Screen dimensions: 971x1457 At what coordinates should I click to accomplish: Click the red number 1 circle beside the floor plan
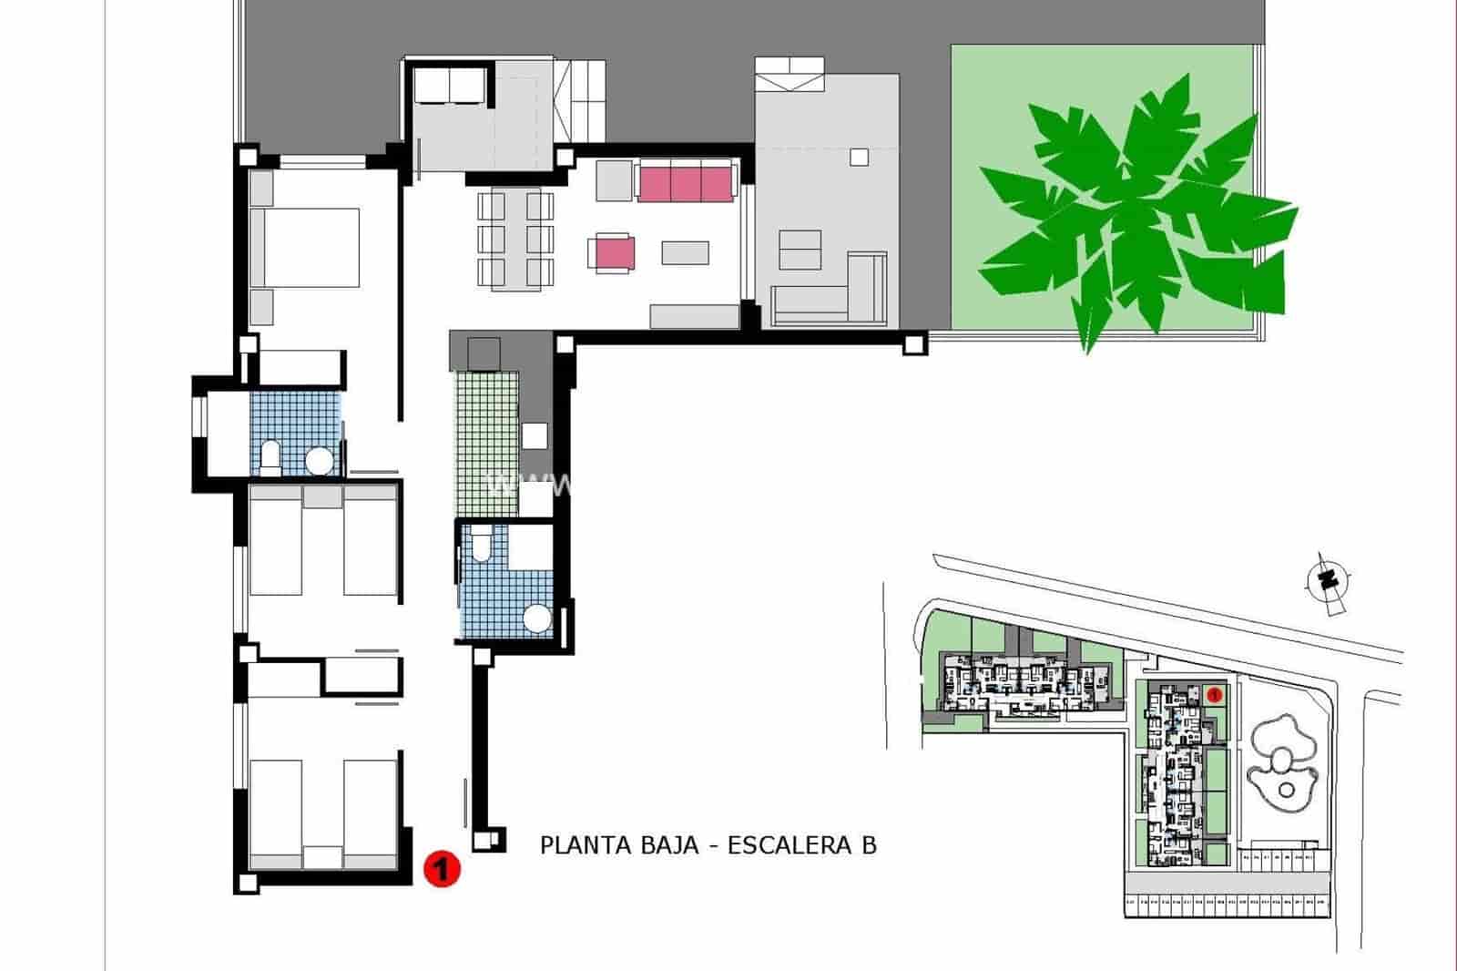tap(442, 868)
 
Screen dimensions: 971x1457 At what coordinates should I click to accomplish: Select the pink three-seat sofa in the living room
tap(686, 182)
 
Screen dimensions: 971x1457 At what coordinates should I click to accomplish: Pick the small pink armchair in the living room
tap(611, 253)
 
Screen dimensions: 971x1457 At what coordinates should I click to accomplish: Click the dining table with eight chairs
tap(515, 239)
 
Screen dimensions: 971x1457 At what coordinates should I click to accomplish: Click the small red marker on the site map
tap(1213, 695)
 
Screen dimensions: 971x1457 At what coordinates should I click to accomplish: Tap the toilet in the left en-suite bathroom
tap(270, 458)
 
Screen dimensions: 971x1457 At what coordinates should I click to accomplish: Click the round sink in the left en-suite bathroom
tap(319, 462)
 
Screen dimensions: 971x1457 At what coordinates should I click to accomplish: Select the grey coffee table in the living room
tap(685, 251)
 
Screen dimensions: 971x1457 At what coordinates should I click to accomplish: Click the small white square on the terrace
tap(859, 157)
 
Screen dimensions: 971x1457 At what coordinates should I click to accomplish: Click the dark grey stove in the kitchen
tap(483, 353)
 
